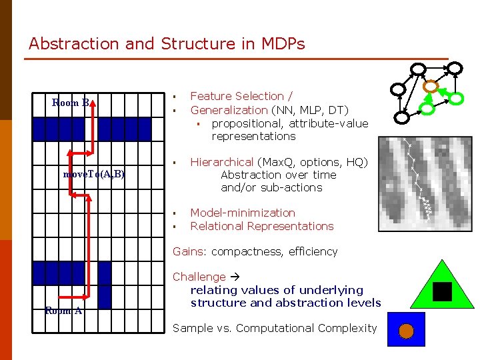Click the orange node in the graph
pos(431,86)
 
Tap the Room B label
pos(71,103)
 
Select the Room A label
pos(63,310)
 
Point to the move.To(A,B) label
pos(94,174)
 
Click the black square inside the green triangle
pos(442,291)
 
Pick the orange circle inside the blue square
pos(405,331)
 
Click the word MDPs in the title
pos(283,44)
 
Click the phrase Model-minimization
pos(243,213)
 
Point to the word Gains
pos(190,252)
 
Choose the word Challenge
pos(199,277)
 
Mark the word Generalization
pos(229,110)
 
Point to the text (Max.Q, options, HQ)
pos(322,162)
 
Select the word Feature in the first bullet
pos(211,97)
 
